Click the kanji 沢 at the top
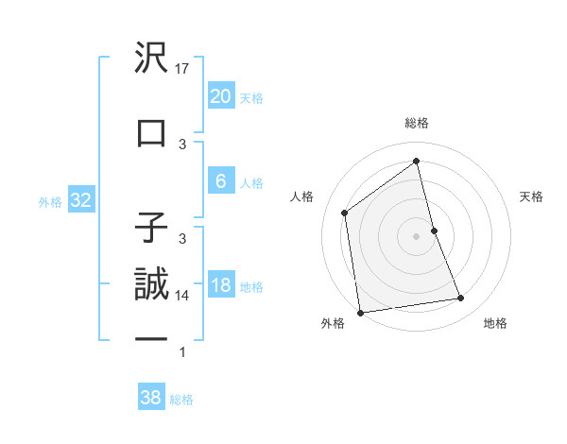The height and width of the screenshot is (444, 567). tap(151, 59)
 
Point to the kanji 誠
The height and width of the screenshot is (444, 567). tap(151, 284)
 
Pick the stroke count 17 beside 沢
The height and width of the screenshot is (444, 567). tap(183, 69)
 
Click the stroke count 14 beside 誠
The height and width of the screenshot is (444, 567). tap(183, 296)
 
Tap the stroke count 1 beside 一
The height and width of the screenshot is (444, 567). tap(183, 352)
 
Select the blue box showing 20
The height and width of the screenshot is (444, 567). tap(220, 96)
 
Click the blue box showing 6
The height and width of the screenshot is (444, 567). tap(220, 182)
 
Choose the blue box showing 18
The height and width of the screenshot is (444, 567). tap(220, 286)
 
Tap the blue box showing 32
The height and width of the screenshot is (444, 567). tap(79, 200)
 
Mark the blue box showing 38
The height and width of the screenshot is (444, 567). tap(150, 399)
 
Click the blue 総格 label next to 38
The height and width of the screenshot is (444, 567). tap(181, 400)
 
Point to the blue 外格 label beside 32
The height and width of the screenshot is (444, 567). tap(50, 201)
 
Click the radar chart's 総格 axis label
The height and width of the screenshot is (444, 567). tap(417, 123)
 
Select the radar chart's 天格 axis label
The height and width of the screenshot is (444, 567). tap(532, 196)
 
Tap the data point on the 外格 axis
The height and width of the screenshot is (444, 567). tap(360, 312)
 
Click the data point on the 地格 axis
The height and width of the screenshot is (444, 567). tap(461, 299)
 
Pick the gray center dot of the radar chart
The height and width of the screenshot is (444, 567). tap(417, 235)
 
